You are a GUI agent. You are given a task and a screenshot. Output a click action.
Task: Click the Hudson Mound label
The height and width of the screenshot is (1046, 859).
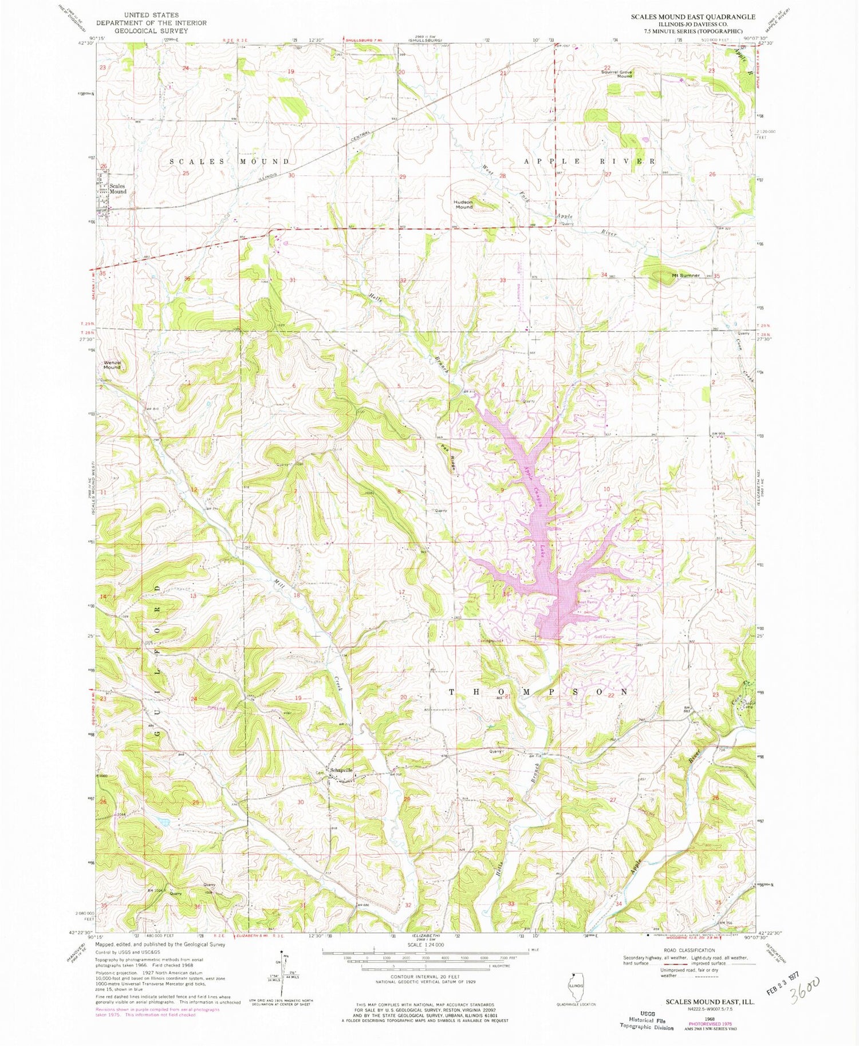(x=464, y=204)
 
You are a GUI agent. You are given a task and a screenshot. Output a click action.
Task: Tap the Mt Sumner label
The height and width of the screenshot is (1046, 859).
(x=685, y=275)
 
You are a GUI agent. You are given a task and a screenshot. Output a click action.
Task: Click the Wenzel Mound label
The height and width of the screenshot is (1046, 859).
(x=112, y=365)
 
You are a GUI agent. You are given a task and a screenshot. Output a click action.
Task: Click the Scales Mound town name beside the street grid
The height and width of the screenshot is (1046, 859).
(x=118, y=189)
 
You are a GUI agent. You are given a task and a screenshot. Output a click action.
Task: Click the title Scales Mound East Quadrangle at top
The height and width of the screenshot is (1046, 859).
(x=692, y=17)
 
